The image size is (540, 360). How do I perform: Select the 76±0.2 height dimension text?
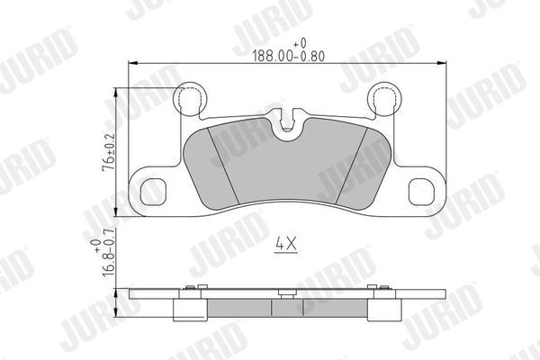click(x=107, y=153)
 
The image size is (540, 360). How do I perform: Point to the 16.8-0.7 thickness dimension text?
click(x=107, y=260)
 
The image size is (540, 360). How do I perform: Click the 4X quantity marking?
click(x=286, y=244)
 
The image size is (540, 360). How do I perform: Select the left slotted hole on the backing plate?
click(x=153, y=192)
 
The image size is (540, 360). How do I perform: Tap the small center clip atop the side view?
click(x=286, y=292)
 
